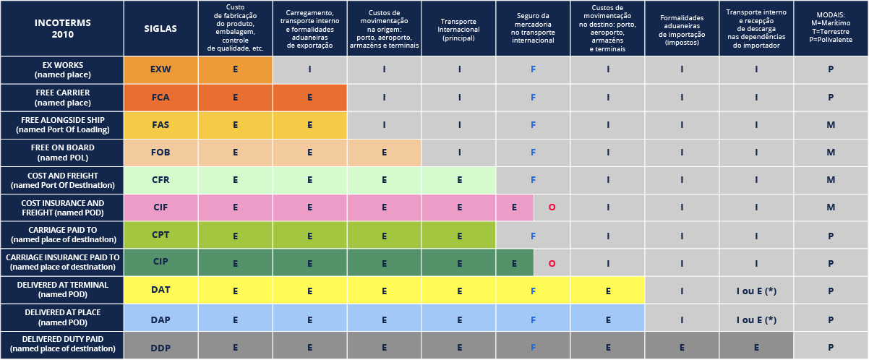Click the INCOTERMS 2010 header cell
click(x=61, y=28)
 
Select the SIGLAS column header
click(x=160, y=28)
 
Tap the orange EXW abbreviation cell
click(x=160, y=69)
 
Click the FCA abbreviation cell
click(x=160, y=97)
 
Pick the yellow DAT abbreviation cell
click(x=160, y=290)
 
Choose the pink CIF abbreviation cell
click(x=160, y=207)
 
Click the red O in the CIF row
click(x=552, y=207)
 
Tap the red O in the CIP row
click(x=552, y=263)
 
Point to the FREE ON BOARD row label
click(x=61, y=153)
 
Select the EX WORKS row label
click(x=61, y=69)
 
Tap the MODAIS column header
click(x=831, y=28)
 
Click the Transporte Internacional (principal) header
click(x=458, y=28)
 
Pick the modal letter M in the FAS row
click(x=831, y=125)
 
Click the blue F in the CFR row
click(x=533, y=180)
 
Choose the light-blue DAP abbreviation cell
click(x=160, y=319)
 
